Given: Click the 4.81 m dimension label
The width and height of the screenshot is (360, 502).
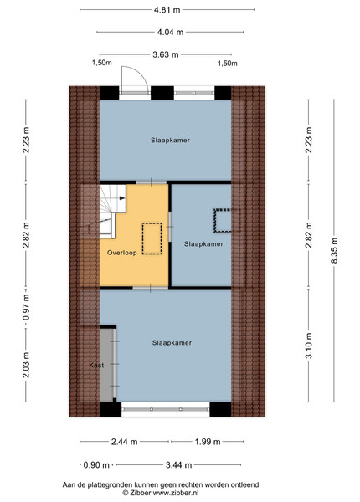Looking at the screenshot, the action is pyautogui.click(x=167, y=9).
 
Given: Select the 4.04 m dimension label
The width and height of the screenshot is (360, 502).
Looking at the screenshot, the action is pyautogui.click(x=170, y=32).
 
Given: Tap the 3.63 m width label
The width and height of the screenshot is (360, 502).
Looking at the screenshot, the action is pyautogui.click(x=165, y=54).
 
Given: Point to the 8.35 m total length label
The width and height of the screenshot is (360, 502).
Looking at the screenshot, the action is pyautogui.click(x=334, y=251).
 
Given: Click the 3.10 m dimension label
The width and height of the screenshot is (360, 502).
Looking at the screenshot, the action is pyautogui.click(x=309, y=346).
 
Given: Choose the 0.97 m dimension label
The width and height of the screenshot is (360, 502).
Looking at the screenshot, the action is pyautogui.click(x=26, y=307).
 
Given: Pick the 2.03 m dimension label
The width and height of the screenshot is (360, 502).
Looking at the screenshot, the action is pyautogui.click(x=26, y=365).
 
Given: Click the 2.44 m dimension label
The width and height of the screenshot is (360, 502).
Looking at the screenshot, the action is pyautogui.click(x=124, y=442).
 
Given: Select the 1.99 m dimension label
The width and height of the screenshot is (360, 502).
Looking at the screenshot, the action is pyautogui.click(x=208, y=442).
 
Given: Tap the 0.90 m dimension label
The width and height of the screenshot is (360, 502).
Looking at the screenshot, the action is pyautogui.click(x=96, y=465).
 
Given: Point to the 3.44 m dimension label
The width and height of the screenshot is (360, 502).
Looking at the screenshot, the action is pyautogui.click(x=178, y=465).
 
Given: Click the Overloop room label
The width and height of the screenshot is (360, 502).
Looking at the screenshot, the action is pyautogui.click(x=122, y=253).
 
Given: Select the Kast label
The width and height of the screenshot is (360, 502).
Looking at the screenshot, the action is pyautogui.click(x=96, y=365).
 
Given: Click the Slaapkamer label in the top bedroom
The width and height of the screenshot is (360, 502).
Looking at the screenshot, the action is pyautogui.click(x=171, y=141).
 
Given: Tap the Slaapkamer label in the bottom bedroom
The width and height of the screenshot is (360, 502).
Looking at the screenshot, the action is pyautogui.click(x=172, y=342).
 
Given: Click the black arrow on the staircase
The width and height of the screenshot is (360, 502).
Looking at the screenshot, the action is pyautogui.click(x=122, y=198).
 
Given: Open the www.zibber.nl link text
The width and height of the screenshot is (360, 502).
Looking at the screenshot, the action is pyautogui.click(x=176, y=493).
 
